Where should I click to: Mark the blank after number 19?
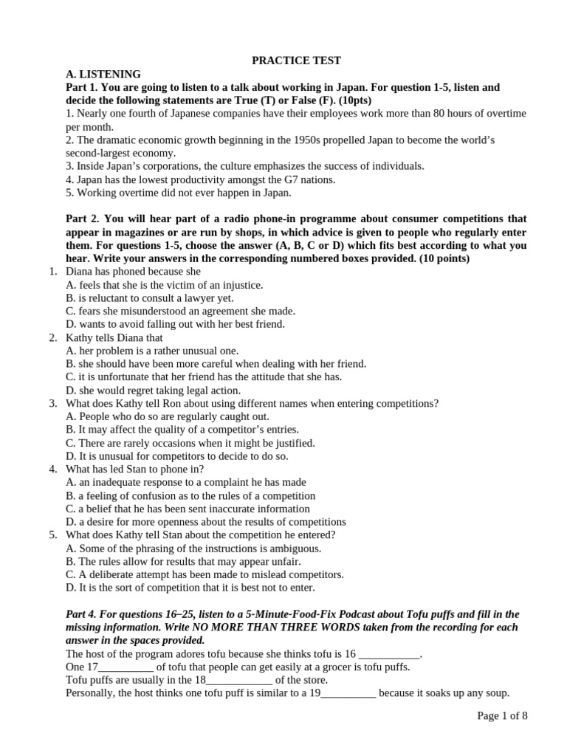348,693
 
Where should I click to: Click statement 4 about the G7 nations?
200,179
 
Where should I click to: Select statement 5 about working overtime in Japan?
178,193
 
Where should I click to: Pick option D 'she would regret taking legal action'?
153,391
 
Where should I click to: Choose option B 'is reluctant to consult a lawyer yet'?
149,298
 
